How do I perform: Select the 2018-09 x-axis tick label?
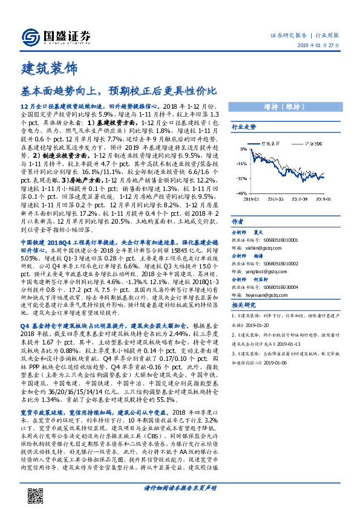click(x=301, y=197)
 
